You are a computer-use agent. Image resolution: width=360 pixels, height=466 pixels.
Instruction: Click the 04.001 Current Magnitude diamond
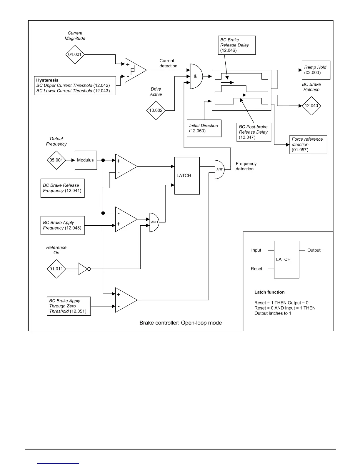click(x=75, y=54)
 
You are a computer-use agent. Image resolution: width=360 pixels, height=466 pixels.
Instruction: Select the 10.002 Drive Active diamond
click(x=156, y=110)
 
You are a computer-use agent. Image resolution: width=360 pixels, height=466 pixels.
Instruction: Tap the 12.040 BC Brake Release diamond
click(x=311, y=106)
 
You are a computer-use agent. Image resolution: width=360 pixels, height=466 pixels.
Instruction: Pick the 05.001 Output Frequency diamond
click(x=56, y=160)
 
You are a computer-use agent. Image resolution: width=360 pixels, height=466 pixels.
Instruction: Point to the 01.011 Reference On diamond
click(x=56, y=269)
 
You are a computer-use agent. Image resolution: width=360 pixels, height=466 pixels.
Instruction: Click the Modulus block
click(x=86, y=160)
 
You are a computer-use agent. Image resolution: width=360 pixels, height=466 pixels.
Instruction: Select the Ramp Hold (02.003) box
click(x=316, y=70)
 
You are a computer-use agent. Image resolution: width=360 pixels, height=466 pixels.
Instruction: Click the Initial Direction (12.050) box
click(x=204, y=128)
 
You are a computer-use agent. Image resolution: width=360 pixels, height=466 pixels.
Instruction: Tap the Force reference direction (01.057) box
click(x=308, y=144)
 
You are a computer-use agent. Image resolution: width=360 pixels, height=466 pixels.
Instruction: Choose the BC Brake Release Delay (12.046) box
click(x=237, y=45)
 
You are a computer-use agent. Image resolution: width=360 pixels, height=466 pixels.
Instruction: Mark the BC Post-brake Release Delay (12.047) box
click(x=254, y=132)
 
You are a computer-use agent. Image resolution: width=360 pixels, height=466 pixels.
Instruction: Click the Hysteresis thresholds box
click(x=75, y=86)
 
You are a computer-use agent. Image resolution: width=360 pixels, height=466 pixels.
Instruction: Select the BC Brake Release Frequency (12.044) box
click(x=62, y=188)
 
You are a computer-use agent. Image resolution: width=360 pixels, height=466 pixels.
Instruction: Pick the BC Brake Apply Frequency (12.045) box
click(x=62, y=225)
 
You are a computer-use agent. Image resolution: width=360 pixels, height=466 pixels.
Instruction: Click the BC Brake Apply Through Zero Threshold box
click(x=69, y=306)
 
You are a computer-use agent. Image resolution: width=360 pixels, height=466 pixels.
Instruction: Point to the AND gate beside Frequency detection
click(x=219, y=169)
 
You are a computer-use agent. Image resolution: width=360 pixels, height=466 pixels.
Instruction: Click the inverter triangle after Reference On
click(x=83, y=269)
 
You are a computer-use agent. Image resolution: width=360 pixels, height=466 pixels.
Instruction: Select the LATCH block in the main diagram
click(x=187, y=176)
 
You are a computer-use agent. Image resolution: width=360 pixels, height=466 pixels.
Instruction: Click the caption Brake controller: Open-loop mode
click(x=181, y=323)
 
